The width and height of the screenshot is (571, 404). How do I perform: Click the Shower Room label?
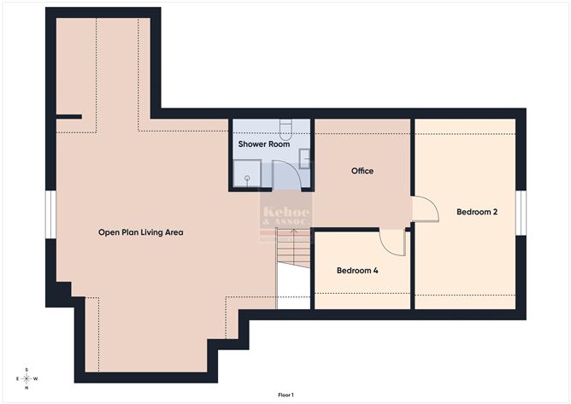pos(264,144)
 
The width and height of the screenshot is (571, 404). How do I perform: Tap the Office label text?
pos(362,171)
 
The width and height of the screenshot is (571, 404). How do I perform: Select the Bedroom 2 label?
pos(476,212)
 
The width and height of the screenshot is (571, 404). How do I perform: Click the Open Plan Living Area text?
pos(140,232)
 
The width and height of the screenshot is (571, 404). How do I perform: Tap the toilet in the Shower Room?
pos(287,128)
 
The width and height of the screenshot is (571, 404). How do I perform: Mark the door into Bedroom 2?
pos(425,209)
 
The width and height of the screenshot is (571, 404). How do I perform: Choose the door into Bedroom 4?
pos(392,241)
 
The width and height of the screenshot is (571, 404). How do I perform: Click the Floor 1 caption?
pos(285,395)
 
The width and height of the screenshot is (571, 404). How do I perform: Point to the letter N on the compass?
pos(27,388)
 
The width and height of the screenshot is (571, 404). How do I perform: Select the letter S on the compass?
pos(27,370)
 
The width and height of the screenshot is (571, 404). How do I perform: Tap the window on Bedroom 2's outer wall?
pos(521,212)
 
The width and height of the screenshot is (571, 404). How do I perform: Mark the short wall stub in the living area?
pos(69,116)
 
